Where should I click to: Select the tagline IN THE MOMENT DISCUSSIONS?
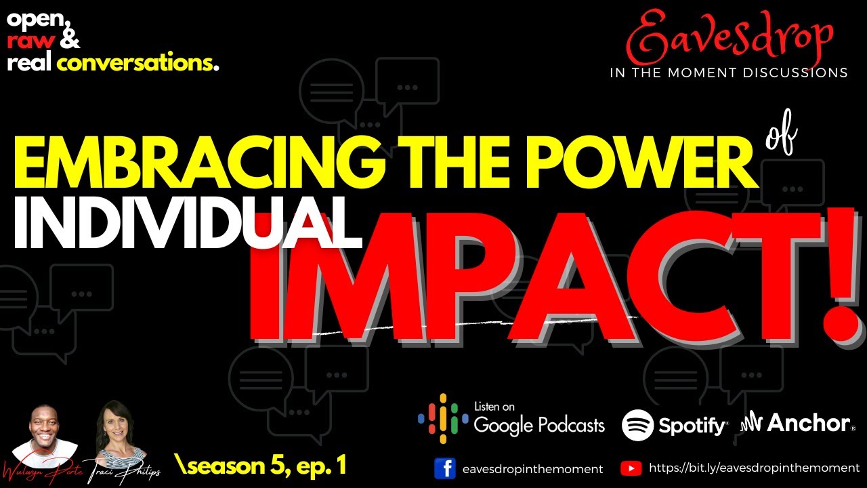(x=728, y=73)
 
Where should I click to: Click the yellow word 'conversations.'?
(x=138, y=64)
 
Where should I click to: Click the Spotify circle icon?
(x=637, y=426)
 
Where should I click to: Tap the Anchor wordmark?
(x=807, y=424)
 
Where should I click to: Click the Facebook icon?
(x=445, y=468)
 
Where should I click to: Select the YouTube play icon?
(x=631, y=468)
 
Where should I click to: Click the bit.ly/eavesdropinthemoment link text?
(x=754, y=468)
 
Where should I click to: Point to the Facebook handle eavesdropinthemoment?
(x=532, y=468)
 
